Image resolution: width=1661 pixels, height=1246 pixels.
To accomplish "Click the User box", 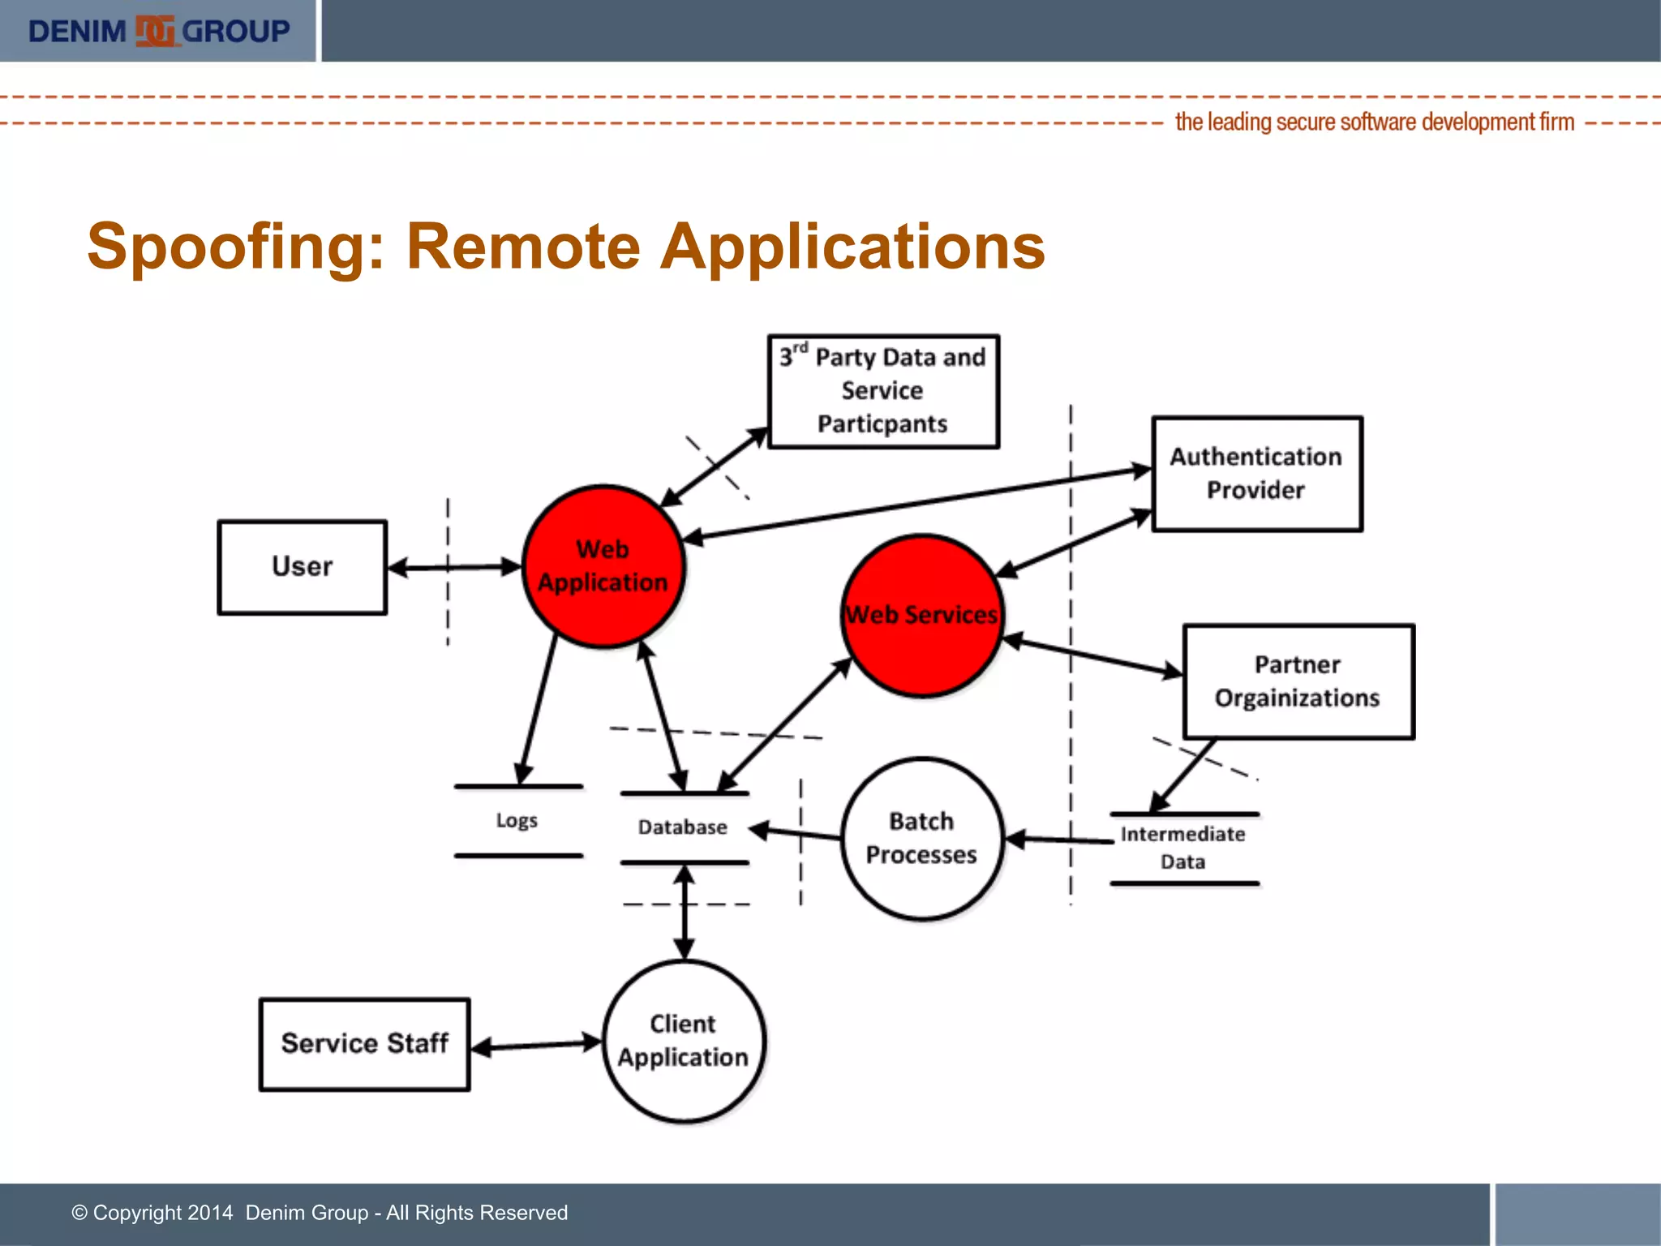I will [x=302, y=567].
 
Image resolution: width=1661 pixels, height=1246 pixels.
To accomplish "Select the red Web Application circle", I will [x=603, y=566].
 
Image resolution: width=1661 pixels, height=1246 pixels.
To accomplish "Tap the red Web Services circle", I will [x=921, y=615].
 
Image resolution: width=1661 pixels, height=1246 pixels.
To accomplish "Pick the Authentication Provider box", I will [x=1256, y=474].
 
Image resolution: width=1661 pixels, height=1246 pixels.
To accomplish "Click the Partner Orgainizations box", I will [x=1298, y=681].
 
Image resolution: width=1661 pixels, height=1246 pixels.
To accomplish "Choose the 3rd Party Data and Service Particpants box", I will [x=882, y=391].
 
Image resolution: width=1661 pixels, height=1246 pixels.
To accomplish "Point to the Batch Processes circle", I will [x=921, y=838].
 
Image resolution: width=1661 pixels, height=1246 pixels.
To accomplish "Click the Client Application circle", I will [x=684, y=1041].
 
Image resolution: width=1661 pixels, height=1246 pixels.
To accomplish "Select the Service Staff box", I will [x=364, y=1044].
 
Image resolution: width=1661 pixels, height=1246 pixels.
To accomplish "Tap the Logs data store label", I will [x=517, y=821].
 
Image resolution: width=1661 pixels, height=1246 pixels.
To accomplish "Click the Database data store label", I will [x=683, y=827].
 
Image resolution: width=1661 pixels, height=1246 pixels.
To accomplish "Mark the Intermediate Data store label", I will [x=1182, y=848].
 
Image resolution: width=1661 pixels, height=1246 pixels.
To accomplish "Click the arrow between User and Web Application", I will [x=455, y=567].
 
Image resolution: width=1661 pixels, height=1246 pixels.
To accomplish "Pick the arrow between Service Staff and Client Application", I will [x=536, y=1045].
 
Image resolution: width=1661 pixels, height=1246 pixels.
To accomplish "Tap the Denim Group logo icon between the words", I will [x=154, y=32].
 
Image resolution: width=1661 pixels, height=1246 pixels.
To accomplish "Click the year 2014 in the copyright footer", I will [x=210, y=1213].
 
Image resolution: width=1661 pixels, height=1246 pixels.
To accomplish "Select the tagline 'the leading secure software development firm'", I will [x=1374, y=122].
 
